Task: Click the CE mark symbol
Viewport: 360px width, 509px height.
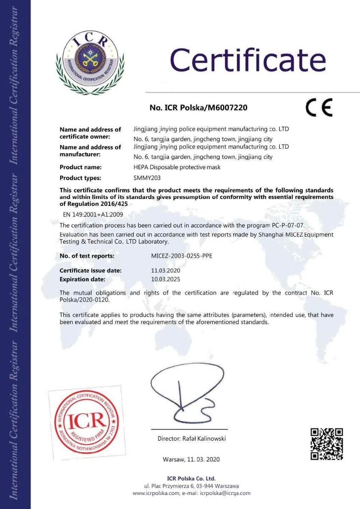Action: point(319,108)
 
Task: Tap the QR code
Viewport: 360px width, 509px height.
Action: point(327,444)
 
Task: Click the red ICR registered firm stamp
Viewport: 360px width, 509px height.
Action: point(87,422)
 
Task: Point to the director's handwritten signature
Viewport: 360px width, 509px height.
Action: point(187,391)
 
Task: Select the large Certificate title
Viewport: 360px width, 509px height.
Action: point(248,59)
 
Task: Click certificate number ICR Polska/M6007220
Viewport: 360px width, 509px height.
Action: point(198,108)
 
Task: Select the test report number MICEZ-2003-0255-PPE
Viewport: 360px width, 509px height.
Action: point(182,256)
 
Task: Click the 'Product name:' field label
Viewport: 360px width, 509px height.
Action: point(81,167)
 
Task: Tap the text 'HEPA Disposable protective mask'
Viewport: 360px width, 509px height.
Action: point(177,167)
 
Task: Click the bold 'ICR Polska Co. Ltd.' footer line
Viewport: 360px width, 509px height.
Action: point(191,478)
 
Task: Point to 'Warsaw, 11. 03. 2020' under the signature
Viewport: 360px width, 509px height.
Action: point(191,459)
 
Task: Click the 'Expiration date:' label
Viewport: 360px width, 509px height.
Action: point(82,279)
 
